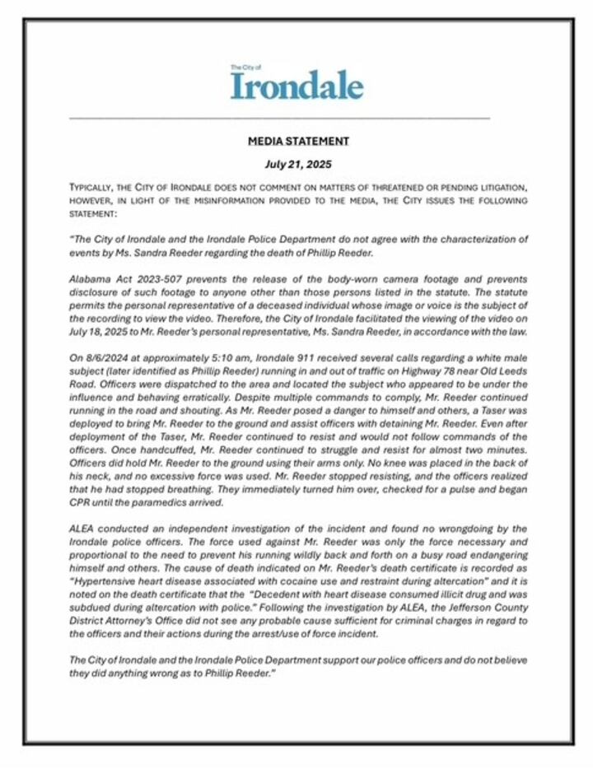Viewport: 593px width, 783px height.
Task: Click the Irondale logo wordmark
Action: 296,86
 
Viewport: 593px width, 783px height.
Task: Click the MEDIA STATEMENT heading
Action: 298,142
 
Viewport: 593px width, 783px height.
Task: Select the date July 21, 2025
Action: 298,165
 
